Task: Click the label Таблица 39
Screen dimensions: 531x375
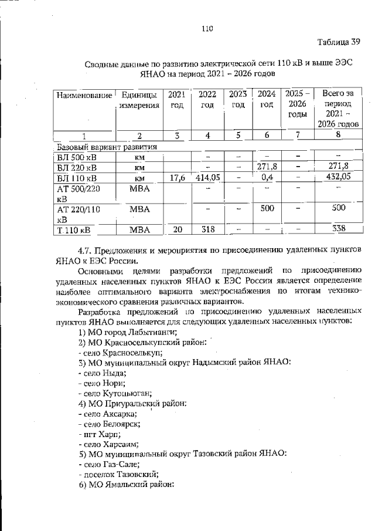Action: pyautogui.click(x=338, y=42)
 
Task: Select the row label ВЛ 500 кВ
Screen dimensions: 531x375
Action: pyautogui.click(x=78, y=157)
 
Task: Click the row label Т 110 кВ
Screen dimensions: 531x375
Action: pyautogui.click(x=77, y=229)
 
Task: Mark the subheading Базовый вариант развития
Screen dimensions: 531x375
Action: pyautogui.click(x=106, y=146)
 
